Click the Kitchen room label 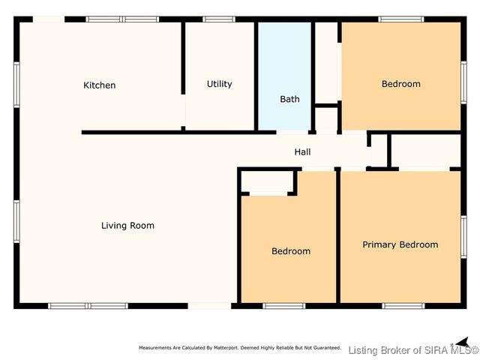coord(99,85)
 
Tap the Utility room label coord(220,84)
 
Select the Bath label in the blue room coord(289,99)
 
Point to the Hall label coord(302,152)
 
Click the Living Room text coord(127,225)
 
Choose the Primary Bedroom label coord(400,244)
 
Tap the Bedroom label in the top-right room coord(400,84)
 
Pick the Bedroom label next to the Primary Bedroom coord(290,251)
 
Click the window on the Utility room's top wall coord(219,19)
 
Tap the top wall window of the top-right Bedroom coord(400,19)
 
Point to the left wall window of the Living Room coord(16,221)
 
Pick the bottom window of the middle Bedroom coord(284,305)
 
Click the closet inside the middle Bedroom coord(267,184)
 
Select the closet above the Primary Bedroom coord(425,151)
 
